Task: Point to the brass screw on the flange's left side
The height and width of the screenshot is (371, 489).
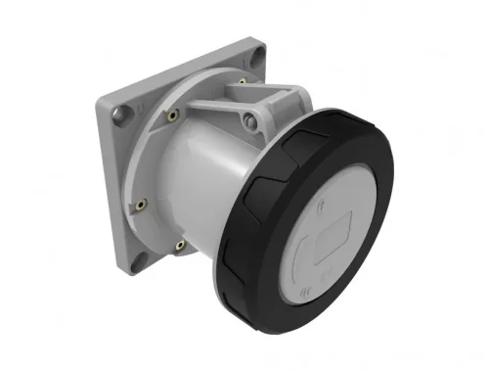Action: (x=141, y=205)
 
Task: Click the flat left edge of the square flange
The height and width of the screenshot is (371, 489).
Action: (x=105, y=186)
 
